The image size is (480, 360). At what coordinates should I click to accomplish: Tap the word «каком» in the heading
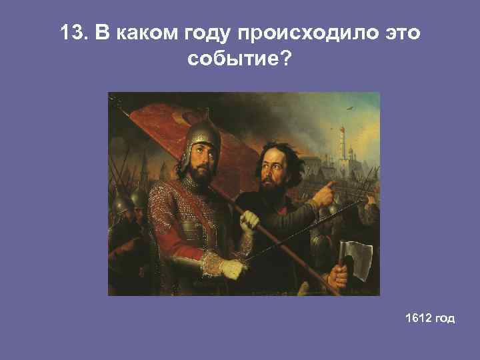coord(142,33)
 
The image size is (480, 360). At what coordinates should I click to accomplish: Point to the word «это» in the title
coord(398,33)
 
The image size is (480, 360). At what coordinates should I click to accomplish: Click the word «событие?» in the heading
coord(239,61)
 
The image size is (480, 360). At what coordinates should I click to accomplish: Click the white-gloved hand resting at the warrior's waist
coord(233,269)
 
